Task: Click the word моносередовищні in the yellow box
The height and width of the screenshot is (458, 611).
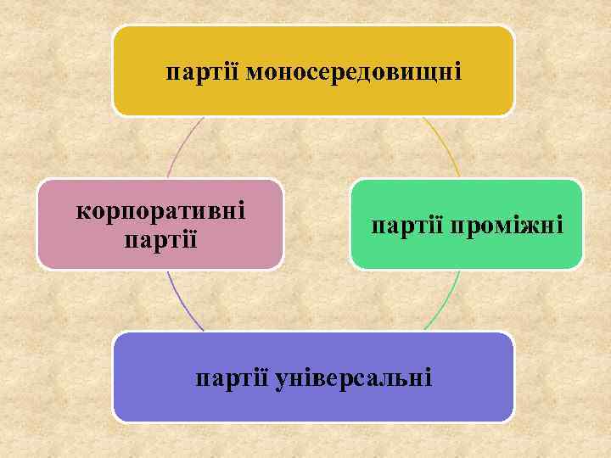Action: pyautogui.click(x=354, y=72)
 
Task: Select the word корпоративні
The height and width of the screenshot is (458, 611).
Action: pyautogui.click(x=160, y=209)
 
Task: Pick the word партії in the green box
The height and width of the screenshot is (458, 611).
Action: pyautogui.click(x=408, y=226)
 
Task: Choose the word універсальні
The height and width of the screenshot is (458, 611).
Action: pyautogui.click(x=354, y=376)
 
